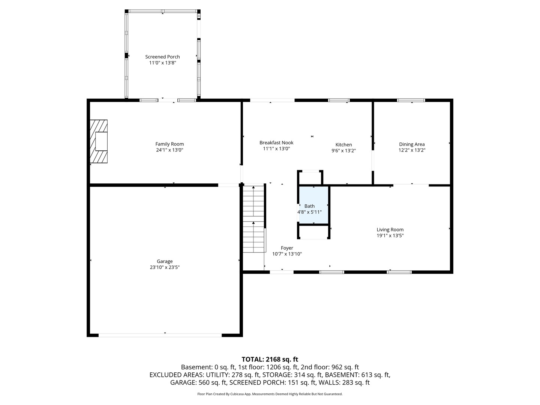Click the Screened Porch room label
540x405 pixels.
point(162,57)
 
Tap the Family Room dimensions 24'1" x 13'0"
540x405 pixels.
point(169,150)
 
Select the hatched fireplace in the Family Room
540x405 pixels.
point(99,141)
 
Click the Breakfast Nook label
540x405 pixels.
point(276,142)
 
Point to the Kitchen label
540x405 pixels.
point(343,145)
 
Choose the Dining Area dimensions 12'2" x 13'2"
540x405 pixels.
point(412,150)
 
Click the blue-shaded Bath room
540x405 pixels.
point(313,205)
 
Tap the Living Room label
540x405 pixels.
point(390,229)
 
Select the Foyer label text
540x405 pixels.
point(287,248)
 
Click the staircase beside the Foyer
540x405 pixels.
point(253,219)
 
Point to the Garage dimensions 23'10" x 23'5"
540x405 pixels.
point(165,267)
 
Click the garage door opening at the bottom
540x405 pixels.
point(160,335)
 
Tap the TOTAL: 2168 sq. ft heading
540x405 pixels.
point(270,359)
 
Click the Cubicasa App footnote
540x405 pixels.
point(270,394)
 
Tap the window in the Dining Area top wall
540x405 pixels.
point(411,100)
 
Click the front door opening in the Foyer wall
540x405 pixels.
point(282,272)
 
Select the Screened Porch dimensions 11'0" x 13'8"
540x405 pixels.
point(163,63)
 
